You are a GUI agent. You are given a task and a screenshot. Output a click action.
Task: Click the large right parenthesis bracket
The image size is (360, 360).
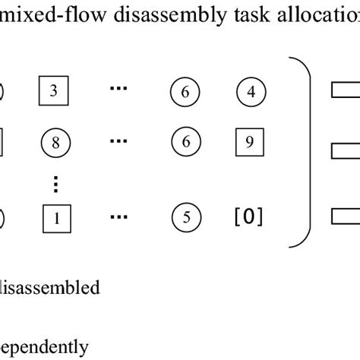coord(302,152)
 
